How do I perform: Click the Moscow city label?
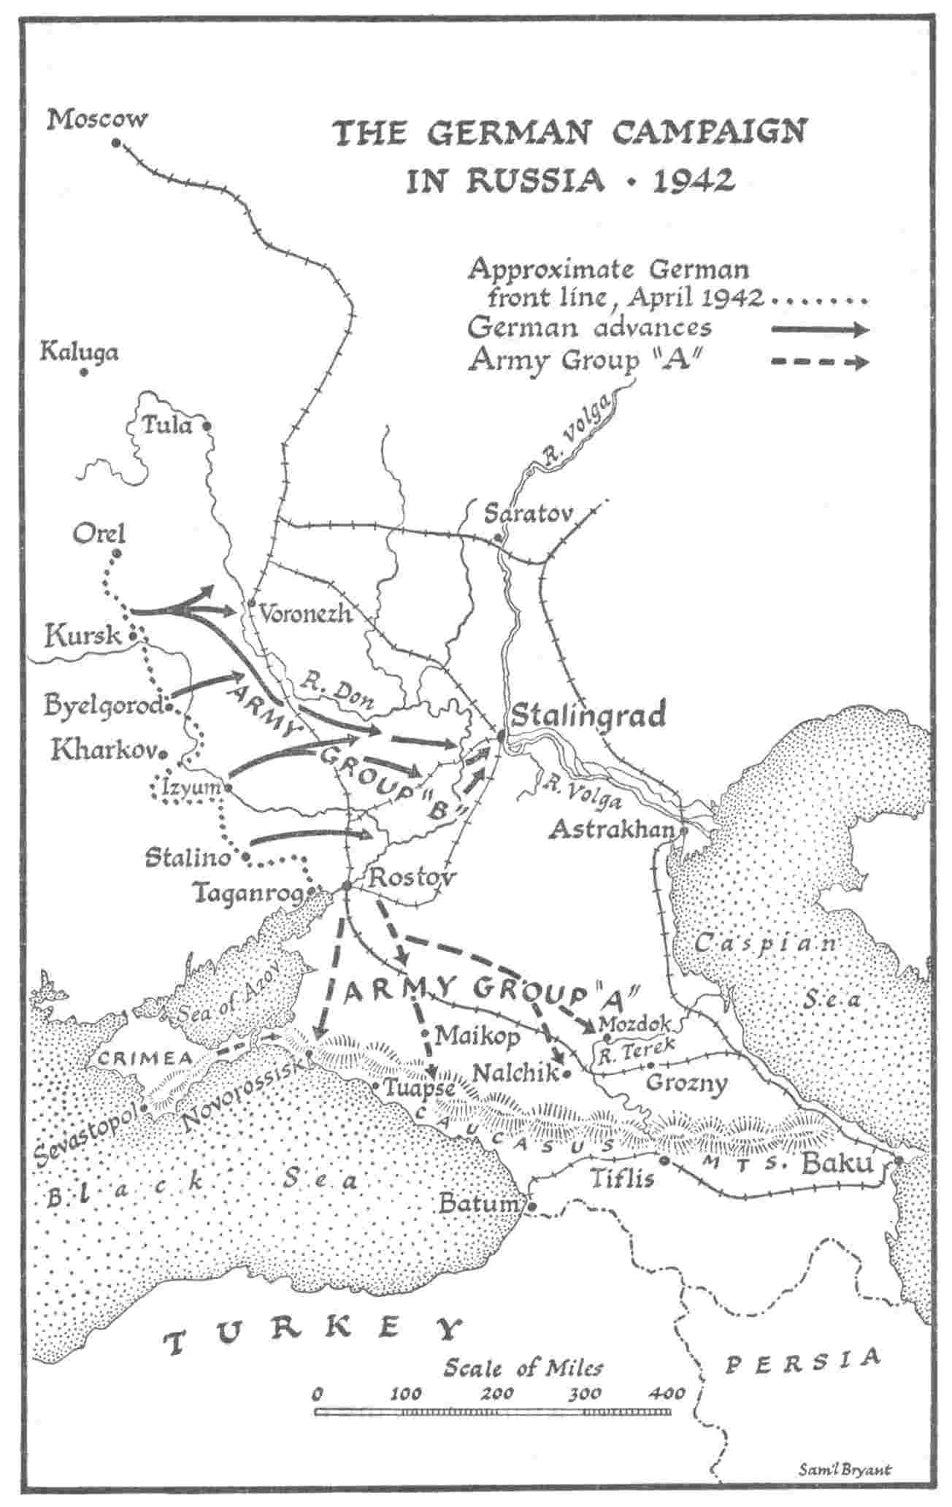pyautogui.click(x=97, y=119)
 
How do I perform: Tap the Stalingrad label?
pyautogui.click(x=588, y=715)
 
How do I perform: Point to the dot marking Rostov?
pyautogui.click(x=346, y=885)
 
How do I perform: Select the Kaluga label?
pyautogui.click(x=79, y=353)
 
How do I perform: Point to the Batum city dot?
pyautogui.click(x=533, y=1206)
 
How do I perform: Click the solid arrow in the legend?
pyautogui.click(x=820, y=329)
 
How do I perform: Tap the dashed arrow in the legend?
pyautogui.click(x=820, y=362)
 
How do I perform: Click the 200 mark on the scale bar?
pyautogui.click(x=499, y=1393)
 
